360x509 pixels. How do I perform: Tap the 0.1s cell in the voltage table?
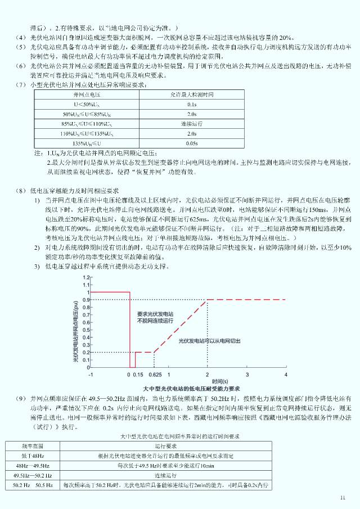(191, 105)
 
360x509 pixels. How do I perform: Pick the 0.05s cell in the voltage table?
(191, 143)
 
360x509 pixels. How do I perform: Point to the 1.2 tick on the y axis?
(85, 278)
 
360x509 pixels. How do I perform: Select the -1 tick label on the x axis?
(91, 374)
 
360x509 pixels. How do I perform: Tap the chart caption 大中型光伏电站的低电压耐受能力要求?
(191, 388)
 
